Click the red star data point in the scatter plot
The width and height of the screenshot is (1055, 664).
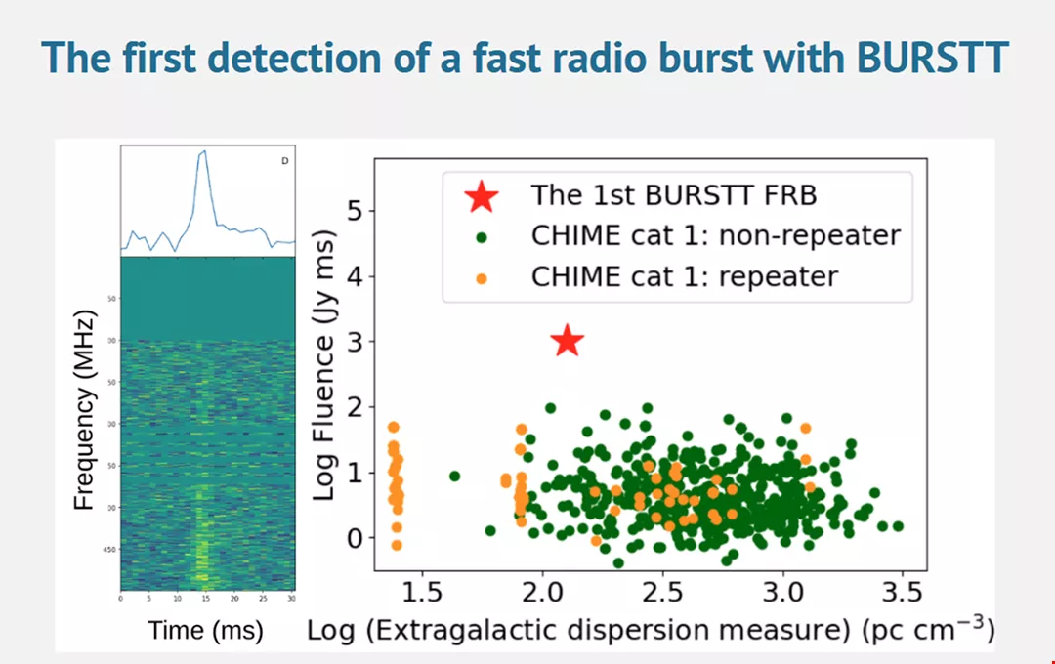click(568, 341)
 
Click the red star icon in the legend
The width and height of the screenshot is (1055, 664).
click(481, 196)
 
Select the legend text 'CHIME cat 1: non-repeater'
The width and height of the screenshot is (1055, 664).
click(715, 235)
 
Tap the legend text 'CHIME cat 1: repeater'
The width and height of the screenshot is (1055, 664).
click(684, 276)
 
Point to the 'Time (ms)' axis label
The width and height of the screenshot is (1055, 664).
click(206, 631)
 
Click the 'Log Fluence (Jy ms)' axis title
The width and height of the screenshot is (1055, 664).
click(324, 367)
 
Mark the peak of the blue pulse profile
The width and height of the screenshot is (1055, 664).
click(203, 151)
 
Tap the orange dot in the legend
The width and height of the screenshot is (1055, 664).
click(481, 277)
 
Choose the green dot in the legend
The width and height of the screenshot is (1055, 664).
click(481, 236)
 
